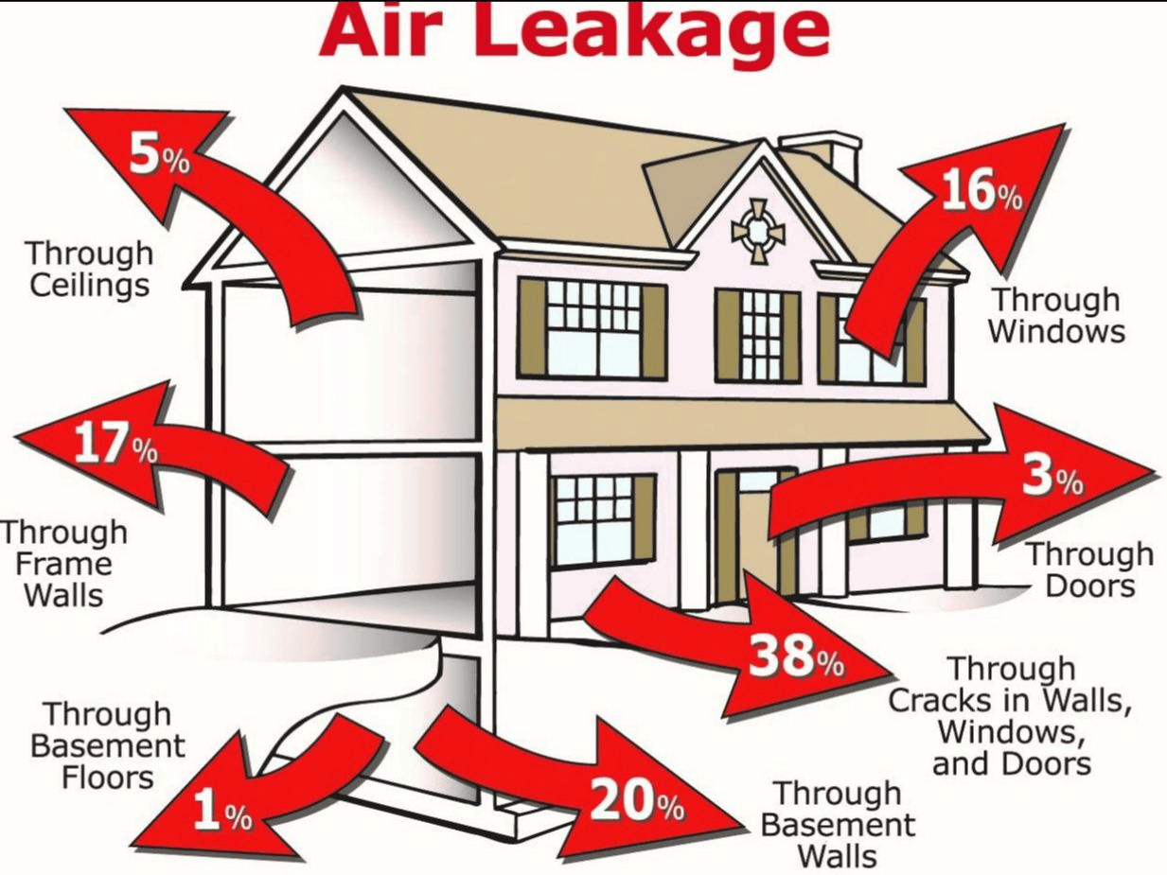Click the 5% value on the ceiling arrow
click(159, 156)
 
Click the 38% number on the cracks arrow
click(795, 656)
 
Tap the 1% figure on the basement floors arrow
click(221, 813)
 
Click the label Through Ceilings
click(89, 269)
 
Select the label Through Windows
click(1057, 315)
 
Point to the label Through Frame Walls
click(63, 564)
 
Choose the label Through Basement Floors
click(107, 744)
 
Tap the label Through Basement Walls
click(838, 824)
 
